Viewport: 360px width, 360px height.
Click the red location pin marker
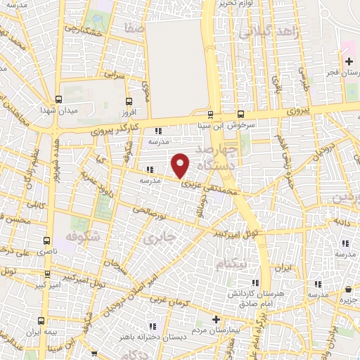(181, 165)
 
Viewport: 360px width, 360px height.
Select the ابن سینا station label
(211, 126)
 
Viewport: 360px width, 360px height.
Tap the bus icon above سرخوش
(241, 114)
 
